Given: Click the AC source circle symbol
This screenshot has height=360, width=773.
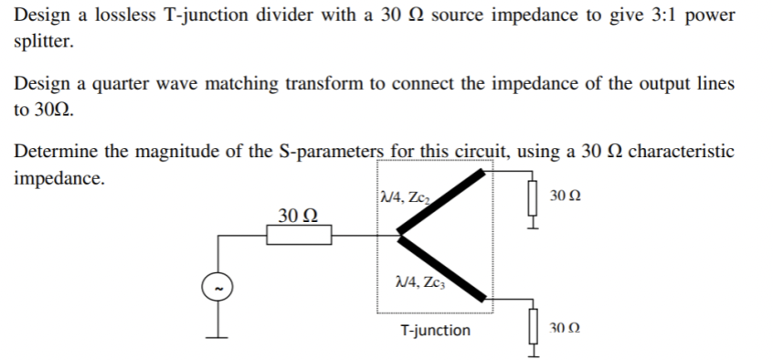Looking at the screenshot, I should point(218,289).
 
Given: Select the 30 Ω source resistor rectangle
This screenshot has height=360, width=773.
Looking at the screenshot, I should point(299,237).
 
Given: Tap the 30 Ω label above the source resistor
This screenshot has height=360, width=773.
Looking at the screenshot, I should point(298,216).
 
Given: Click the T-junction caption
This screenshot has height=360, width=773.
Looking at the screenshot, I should point(436,330).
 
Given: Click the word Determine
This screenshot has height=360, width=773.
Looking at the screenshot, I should point(57,151).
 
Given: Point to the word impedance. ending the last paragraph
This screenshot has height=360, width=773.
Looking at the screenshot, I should point(59,176).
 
